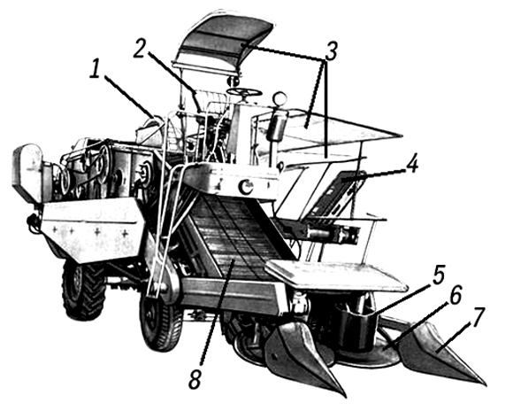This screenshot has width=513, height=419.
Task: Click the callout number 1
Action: point(95,68)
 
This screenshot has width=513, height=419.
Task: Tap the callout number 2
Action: point(139,50)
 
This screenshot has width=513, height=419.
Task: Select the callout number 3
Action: point(331,51)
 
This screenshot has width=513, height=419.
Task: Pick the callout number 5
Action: point(439,275)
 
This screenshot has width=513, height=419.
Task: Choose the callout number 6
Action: point(456,295)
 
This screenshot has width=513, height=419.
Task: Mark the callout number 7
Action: point(478,317)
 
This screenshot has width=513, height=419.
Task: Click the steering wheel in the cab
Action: point(244,91)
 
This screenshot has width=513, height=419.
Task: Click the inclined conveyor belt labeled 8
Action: point(235,236)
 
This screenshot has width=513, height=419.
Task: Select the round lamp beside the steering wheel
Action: point(280,98)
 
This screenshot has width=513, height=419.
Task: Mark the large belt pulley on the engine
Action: point(104,161)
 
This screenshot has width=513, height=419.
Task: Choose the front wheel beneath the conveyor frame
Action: point(160,320)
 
